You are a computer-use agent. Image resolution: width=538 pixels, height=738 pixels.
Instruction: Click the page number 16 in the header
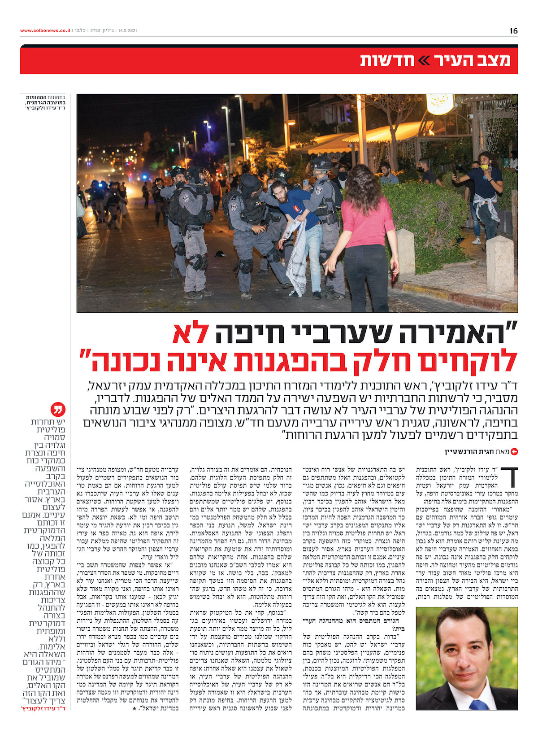point(513,31)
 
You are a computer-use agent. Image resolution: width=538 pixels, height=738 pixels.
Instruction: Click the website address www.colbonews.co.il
point(45,31)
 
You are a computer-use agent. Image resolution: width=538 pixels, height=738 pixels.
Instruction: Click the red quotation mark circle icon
point(59,410)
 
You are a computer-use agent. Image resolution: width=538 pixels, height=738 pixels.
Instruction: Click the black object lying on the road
point(220,254)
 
